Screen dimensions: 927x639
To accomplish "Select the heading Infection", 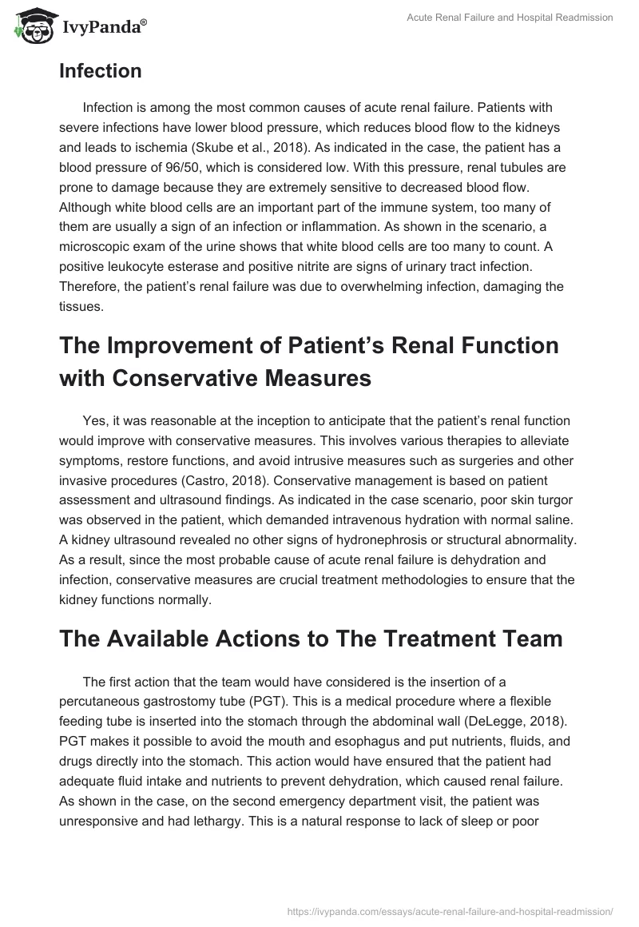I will (101, 71).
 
